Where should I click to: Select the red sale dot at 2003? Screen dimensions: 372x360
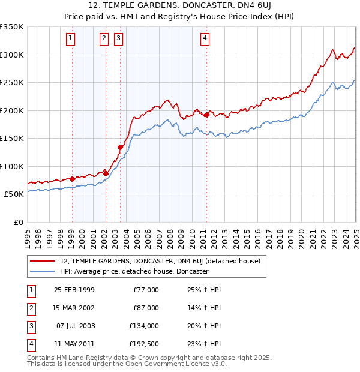120,147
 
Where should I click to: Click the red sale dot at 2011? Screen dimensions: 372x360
206,115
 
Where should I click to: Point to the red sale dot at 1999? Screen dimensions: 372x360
72,179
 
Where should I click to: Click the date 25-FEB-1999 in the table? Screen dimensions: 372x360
74,290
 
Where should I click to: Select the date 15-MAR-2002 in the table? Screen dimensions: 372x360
74,308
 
